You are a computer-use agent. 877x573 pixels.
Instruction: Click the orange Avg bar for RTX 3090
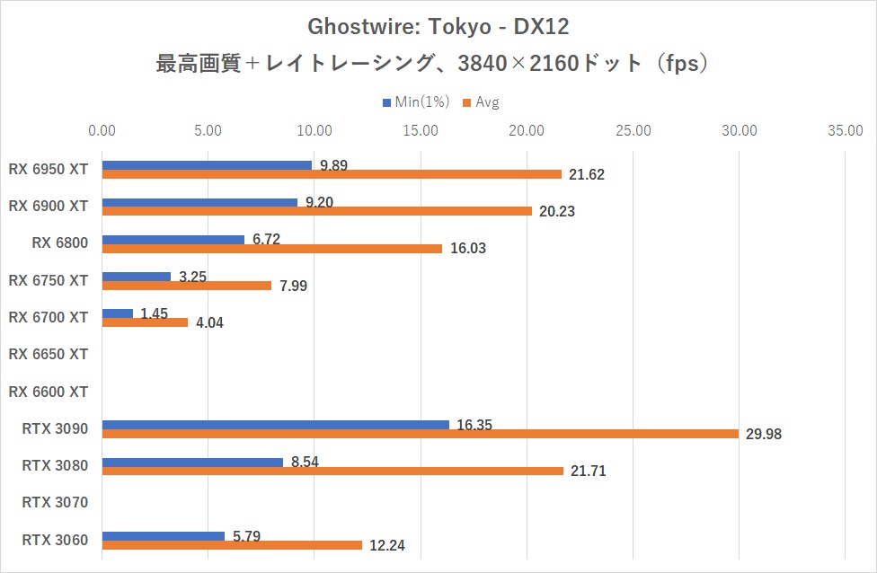420,434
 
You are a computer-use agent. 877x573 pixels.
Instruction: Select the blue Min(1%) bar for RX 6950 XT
207,165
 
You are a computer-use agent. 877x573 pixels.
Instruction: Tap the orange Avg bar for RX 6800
272,249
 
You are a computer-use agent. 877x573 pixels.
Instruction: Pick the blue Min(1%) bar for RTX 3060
164,536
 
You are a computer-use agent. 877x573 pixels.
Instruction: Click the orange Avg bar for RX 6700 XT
145,322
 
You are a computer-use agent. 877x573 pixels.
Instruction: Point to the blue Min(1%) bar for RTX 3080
192,463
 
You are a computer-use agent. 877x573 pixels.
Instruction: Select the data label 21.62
586,175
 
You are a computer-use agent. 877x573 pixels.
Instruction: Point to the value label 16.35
474,424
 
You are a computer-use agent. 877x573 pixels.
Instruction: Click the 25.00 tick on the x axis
633,131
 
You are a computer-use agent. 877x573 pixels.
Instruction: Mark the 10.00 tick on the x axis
314,131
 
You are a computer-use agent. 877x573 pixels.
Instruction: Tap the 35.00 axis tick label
846,131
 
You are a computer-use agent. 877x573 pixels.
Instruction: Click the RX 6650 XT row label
48,354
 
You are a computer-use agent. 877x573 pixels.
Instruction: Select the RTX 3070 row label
55,502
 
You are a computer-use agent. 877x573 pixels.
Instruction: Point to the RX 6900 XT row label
48,206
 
